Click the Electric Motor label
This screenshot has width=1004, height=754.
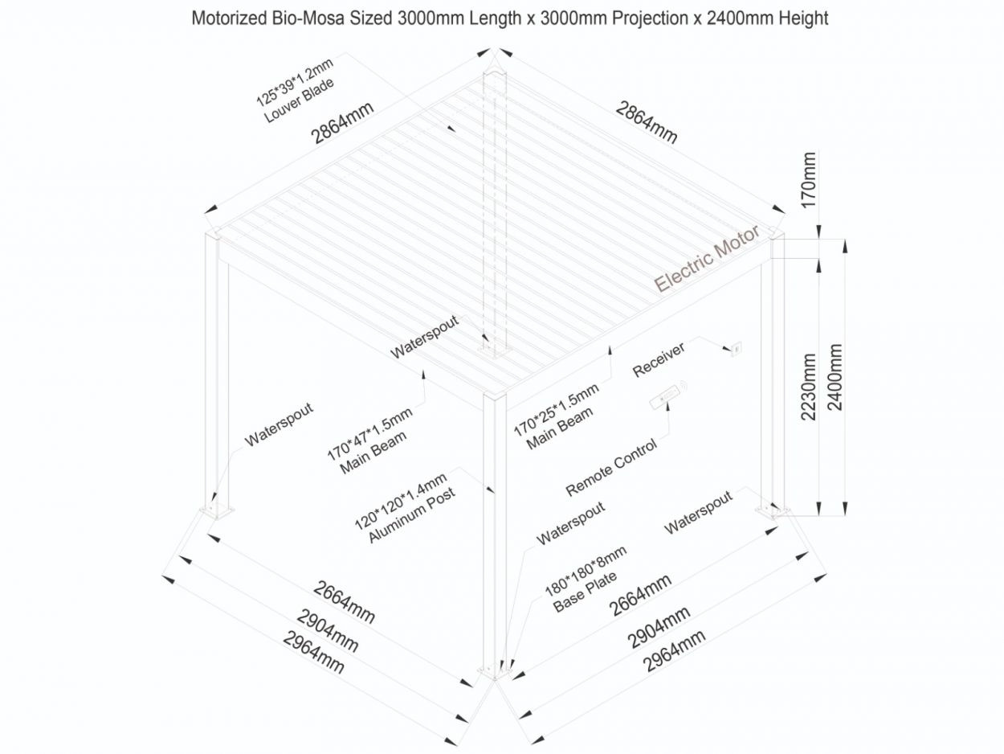[x=706, y=260]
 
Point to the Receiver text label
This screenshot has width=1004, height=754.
[x=659, y=359]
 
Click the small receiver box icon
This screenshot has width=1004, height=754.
[x=733, y=348]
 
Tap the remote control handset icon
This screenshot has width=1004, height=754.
[x=667, y=396]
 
